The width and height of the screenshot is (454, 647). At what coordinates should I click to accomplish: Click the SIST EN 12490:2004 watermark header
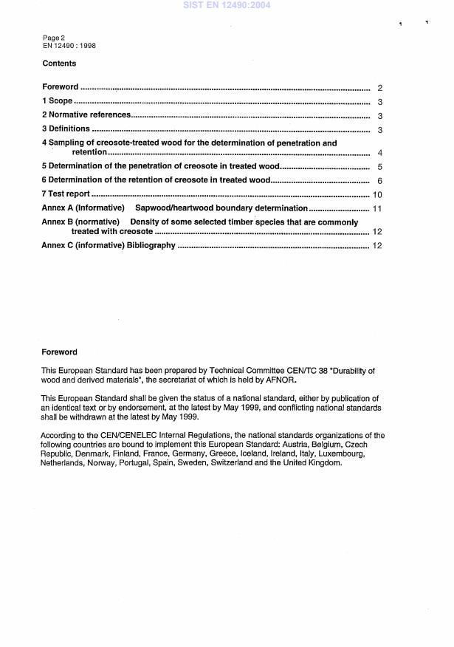click(227, 5)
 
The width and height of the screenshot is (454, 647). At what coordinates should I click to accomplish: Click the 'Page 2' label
click(54, 38)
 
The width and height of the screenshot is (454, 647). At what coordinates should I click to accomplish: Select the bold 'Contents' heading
click(59, 64)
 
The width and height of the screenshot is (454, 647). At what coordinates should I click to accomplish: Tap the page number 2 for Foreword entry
click(379, 88)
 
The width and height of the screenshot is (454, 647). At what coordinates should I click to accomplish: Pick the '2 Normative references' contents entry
click(86, 115)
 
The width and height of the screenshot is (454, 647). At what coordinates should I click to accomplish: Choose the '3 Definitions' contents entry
click(66, 129)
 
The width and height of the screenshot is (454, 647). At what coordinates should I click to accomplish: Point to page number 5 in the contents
click(379, 167)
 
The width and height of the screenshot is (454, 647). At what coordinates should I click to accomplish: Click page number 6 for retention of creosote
click(379, 181)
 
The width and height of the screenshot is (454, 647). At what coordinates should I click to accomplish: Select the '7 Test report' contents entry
click(66, 194)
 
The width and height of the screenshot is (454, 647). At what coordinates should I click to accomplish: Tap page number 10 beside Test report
click(376, 195)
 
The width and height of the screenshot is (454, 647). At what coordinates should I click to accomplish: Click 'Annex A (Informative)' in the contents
click(83, 208)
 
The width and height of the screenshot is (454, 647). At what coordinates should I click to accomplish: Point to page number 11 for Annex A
click(376, 209)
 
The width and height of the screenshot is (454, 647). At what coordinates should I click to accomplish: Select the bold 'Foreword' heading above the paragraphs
click(59, 352)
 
